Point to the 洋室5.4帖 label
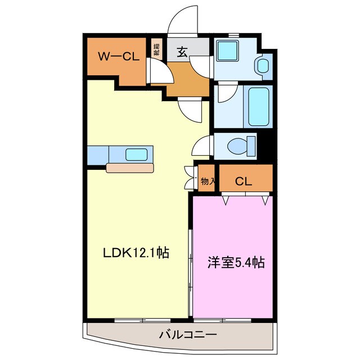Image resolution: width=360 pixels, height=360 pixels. pos(235,262)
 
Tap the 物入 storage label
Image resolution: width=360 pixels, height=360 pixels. pos(207,181)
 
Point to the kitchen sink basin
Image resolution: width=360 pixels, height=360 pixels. pos(137,154)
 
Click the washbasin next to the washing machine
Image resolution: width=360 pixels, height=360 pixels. pos(262,65)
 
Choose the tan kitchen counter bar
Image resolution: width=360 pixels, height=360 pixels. pos(130,167)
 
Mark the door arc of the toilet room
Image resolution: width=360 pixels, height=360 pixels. pos(200,146)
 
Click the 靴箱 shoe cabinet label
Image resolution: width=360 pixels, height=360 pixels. pos(156,48)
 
